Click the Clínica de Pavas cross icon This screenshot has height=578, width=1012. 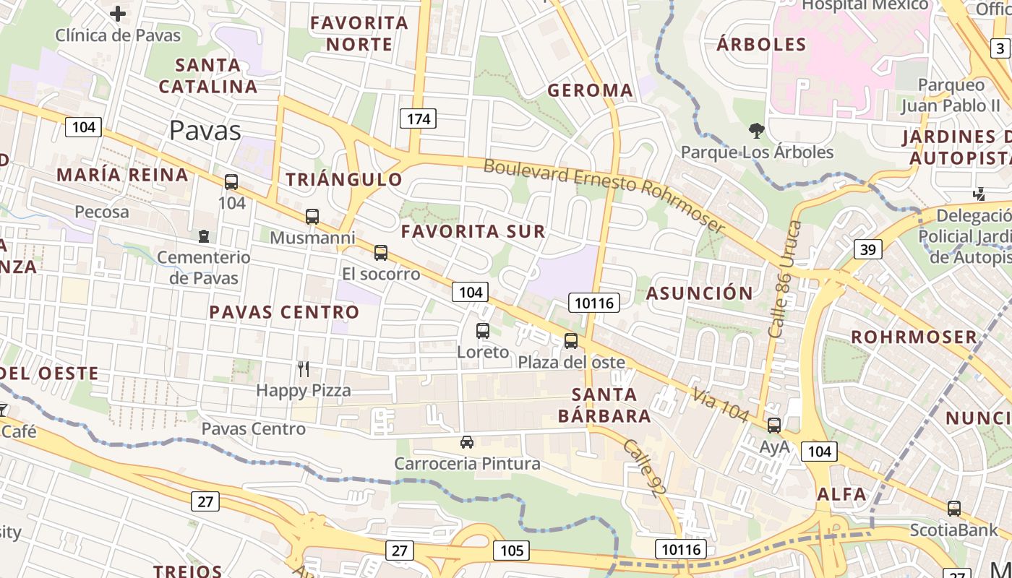(118, 13)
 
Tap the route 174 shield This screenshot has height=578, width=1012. (419, 118)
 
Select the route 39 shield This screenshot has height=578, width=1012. (868, 249)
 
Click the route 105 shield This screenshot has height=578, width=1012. (512, 551)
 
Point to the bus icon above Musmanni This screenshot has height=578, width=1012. (312, 216)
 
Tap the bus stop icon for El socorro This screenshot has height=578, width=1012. (381, 253)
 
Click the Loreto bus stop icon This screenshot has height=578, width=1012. (483, 331)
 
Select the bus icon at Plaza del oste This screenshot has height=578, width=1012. (571, 340)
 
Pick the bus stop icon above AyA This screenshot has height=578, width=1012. (774, 426)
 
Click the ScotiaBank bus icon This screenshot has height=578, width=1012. (954, 509)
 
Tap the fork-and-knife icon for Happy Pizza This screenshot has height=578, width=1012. (304, 369)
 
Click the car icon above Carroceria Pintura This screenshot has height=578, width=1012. (467, 441)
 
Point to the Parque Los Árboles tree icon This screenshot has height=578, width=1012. (757, 131)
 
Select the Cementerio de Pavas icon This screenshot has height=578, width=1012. (204, 236)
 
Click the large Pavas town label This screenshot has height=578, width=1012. (205, 131)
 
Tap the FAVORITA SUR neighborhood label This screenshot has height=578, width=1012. (473, 232)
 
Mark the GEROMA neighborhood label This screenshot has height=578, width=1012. (591, 90)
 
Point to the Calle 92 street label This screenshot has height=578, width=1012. (643, 468)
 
